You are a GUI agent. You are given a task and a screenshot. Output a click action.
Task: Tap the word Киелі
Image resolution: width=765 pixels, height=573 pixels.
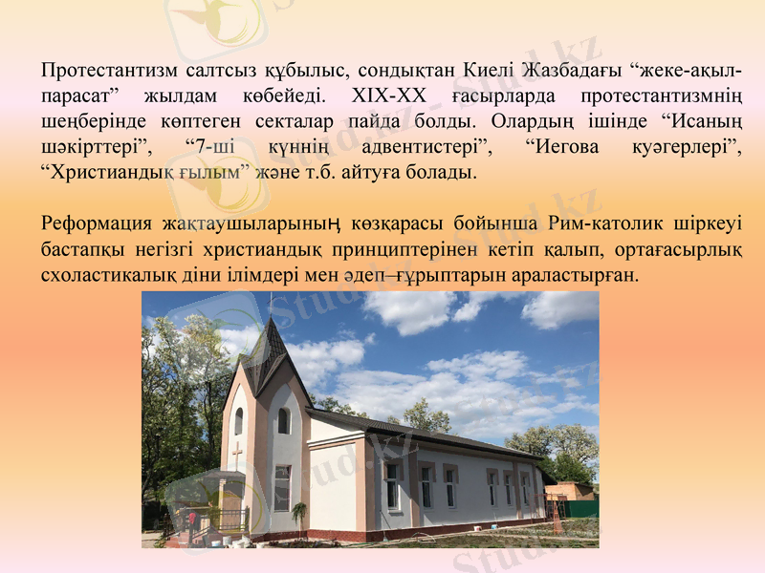(x=492, y=71)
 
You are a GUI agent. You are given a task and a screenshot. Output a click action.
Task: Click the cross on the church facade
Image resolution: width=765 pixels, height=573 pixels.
(x=236, y=455)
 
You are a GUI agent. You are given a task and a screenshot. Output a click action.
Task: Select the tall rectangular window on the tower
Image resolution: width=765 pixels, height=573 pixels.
(x=282, y=486)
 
